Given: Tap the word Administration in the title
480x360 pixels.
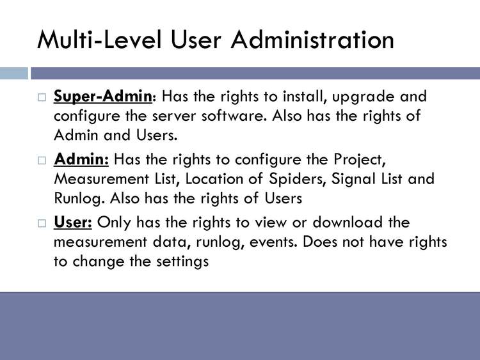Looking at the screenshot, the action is pyautogui.click(x=312, y=40).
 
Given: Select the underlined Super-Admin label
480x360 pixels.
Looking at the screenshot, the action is pyautogui.click(x=103, y=97).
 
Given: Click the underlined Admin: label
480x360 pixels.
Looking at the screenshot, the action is pyautogui.click(x=81, y=159).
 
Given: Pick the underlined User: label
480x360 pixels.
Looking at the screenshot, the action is pyautogui.click(x=73, y=222).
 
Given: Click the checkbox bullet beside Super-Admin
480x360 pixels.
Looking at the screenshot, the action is pyautogui.click(x=42, y=97).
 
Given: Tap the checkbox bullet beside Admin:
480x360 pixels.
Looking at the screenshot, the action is pyautogui.click(x=42, y=160).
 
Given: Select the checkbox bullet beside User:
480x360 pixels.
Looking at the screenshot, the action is pyautogui.click(x=42, y=223).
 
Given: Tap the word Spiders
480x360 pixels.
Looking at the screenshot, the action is pyautogui.click(x=296, y=180).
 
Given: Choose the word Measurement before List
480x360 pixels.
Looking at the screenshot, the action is pyautogui.click(x=101, y=179).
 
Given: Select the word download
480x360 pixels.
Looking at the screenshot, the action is pyautogui.click(x=348, y=222).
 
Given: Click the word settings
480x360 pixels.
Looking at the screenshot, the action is pyautogui.click(x=182, y=262).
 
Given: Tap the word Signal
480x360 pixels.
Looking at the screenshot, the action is pyautogui.click(x=353, y=180).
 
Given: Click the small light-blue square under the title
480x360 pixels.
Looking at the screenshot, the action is pyautogui.click(x=14, y=73).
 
